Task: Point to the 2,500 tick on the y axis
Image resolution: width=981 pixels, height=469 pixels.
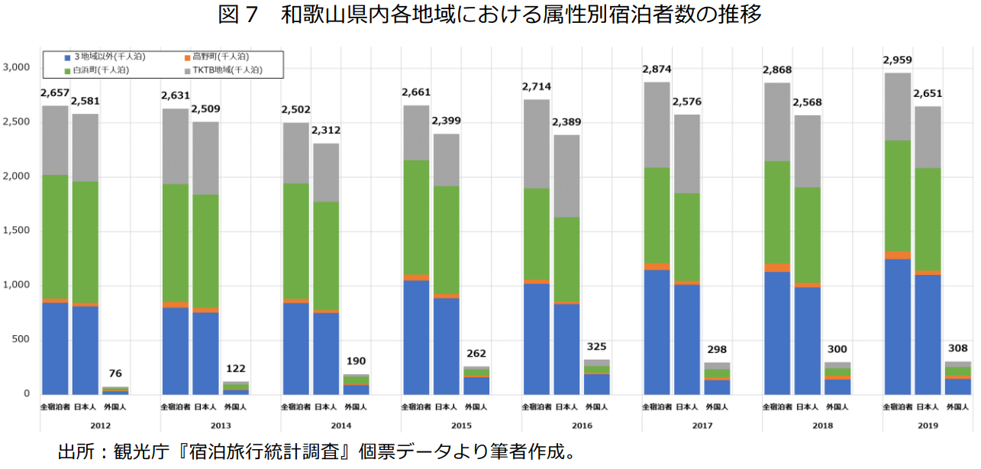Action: click(x=15, y=122)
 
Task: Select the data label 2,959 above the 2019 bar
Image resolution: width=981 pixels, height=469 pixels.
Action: click(x=897, y=60)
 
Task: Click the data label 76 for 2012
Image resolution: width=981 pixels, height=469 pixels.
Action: click(x=115, y=374)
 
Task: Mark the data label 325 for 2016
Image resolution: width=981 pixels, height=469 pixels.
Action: click(x=597, y=346)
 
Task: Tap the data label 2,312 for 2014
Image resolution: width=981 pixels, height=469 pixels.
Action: click(x=326, y=131)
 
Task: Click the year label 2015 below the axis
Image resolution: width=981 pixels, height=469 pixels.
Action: click(x=461, y=425)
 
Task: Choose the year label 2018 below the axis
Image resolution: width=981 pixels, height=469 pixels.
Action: click(x=822, y=425)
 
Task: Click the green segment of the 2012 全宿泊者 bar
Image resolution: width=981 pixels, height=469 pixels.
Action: click(x=55, y=237)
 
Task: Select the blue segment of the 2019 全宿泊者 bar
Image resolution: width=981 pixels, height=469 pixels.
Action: click(x=897, y=326)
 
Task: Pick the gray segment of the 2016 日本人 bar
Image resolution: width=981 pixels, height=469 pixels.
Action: click(x=566, y=176)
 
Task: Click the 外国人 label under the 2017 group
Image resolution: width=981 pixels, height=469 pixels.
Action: click(x=717, y=407)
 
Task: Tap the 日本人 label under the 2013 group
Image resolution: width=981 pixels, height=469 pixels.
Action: click(x=205, y=407)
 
